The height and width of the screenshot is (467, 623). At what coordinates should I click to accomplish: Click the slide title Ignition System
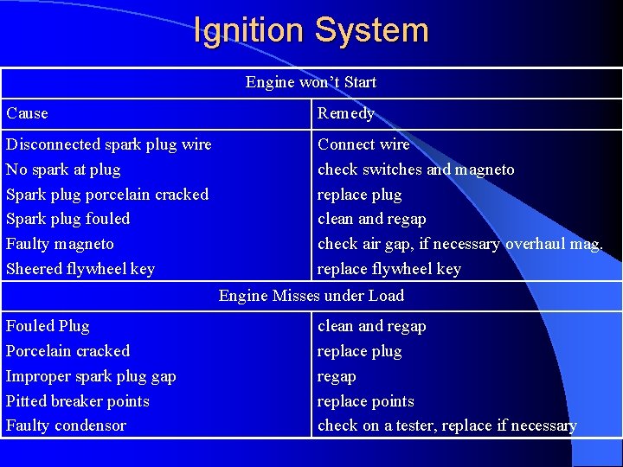coord(311,30)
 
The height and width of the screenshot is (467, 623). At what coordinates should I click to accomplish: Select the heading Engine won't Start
coord(311,83)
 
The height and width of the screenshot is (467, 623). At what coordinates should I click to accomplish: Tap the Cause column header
coord(28,113)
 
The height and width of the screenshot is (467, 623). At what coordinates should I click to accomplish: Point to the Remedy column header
coord(346,113)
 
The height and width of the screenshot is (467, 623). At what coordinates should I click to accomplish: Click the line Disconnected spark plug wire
coord(109,144)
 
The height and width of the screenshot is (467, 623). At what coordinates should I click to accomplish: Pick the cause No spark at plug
coord(63,170)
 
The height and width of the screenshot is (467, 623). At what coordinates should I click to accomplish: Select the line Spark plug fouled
coord(68,219)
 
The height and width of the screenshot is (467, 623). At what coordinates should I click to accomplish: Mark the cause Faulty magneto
coord(60,244)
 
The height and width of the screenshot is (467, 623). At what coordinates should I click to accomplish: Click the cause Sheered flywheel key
coord(80,269)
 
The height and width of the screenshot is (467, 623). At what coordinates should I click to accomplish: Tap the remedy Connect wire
coord(363,144)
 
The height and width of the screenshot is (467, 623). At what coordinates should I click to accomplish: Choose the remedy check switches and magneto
coord(415,170)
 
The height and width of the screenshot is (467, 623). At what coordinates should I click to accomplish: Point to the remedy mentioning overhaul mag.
coord(460,244)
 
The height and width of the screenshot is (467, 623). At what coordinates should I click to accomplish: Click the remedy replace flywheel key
coord(389,269)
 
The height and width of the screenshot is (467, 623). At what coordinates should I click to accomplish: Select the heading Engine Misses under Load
coord(311,296)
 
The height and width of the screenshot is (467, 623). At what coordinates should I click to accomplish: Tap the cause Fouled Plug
coord(48,326)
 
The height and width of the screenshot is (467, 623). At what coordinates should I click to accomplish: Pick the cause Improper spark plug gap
coord(91,376)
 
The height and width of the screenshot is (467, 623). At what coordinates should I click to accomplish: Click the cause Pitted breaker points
coord(78,401)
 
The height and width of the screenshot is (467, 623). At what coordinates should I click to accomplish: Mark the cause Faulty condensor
coord(66,425)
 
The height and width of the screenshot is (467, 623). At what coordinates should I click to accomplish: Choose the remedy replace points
coord(366,401)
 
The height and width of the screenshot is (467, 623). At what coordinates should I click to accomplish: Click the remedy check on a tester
coord(446,425)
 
